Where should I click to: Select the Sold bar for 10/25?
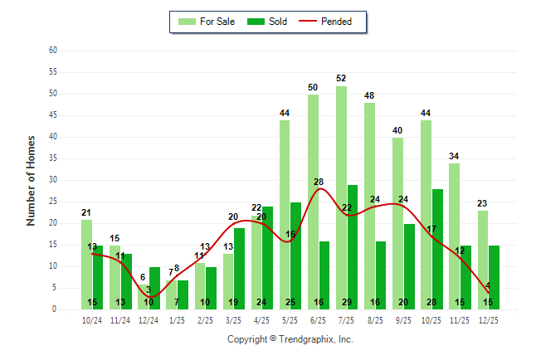(437, 249)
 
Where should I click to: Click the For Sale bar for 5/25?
(285, 215)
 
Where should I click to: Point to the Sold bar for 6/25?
(324, 275)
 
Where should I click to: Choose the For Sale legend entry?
(208, 22)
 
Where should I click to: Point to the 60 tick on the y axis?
(52, 50)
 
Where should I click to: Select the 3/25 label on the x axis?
(233, 320)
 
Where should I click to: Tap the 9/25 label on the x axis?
(403, 320)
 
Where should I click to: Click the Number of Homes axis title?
(31, 180)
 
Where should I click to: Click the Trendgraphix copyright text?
(290, 339)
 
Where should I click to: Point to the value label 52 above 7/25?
(341, 78)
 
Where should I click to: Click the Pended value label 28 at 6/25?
(319, 182)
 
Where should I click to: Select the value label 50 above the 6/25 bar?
(313, 87)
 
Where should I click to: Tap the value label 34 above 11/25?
(454, 156)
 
